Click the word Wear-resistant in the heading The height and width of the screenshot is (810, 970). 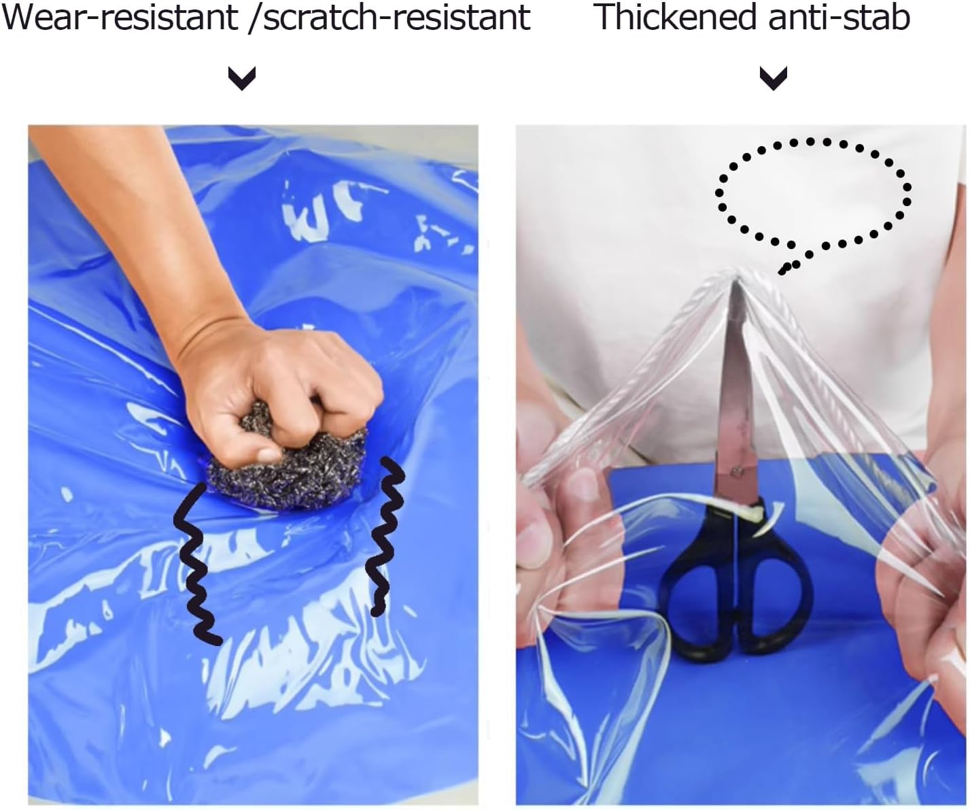(x=120, y=17)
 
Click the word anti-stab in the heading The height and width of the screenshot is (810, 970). (x=839, y=17)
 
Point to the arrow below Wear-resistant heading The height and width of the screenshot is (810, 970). (x=241, y=78)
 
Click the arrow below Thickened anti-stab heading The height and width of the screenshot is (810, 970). (x=773, y=78)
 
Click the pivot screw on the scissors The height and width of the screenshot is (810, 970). (x=736, y=472)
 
